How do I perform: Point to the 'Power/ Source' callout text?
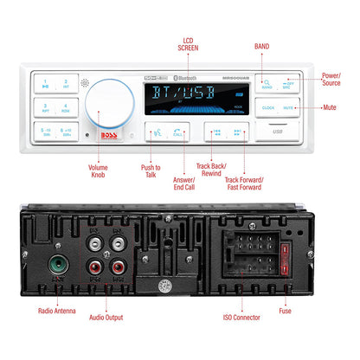pos(331,79)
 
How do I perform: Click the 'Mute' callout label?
pos(329,107)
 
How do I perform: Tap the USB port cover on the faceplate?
pos(276,132)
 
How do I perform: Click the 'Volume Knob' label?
pos(102,175)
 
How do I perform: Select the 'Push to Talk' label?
pos(150,175)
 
